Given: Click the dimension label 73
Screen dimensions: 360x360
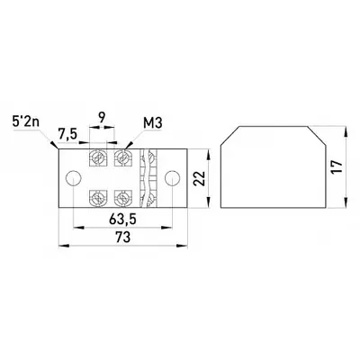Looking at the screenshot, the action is (x=123, y=237).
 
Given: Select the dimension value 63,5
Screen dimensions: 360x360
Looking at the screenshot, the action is (x=122, y=220).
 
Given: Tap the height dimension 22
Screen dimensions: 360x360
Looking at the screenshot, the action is (x=199, y=178).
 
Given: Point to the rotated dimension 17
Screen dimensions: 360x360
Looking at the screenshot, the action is (x=337, y=166).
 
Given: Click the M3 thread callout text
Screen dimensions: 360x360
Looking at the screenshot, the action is (x=153, y=123).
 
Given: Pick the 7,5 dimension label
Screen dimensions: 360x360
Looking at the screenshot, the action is (x=68, y=135).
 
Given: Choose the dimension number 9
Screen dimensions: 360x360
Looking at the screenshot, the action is (x=102, y=118).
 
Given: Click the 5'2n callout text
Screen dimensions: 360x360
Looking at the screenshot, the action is (x=26, y=122).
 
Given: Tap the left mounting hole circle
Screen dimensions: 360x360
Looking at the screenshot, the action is (x=74, y=178).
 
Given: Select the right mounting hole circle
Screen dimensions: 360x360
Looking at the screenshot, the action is (x=172, y=178).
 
